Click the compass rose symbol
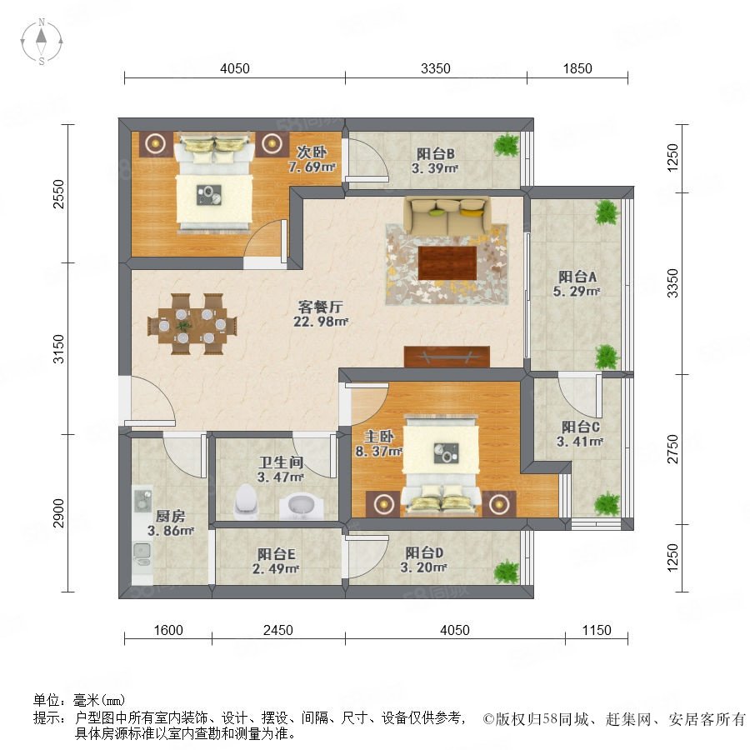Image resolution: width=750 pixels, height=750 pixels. pyautogui.click(x=42, y=41)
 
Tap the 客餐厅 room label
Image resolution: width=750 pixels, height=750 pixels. pyautogui.click(x=320, y=307)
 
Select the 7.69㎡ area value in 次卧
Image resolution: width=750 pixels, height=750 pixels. pyautogui.click(x=312, y=167)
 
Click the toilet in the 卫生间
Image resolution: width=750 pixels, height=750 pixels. pyautogui.click(x=246, y=502)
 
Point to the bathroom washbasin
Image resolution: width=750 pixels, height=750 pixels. pyautogui.click(x=302, y=506)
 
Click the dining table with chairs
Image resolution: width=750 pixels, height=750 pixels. pyautogui.click(x=192, y=324)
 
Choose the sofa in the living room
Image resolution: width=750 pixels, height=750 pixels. pyautogui.click(x=447, y=215)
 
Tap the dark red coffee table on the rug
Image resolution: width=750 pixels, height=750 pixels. pyautogui.click(x=447, y=262)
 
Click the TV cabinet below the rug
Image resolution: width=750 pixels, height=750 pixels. pyautogui.click(x=447, y=357)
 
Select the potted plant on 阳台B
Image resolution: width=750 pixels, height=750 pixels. pyautogui.click(x=507, y=144)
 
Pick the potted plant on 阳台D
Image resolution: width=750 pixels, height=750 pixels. pyautogui.click(x=507, y=571)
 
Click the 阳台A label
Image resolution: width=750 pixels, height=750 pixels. pyautogui.click(x=577, y=277)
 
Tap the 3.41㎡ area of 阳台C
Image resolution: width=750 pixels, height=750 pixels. pyautogui.click(x=580, y=442)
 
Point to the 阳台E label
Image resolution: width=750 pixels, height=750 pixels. pyautogui.click(x=276, y=554)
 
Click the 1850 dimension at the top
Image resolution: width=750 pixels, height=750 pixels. pyautogui.click(x=577, y=69)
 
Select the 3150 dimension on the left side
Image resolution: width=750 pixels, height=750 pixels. pyautogui.click(x=58, y=348)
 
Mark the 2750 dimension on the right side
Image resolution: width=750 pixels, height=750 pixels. pyautogui.click(x=672, y=448)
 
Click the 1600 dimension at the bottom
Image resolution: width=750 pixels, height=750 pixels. pyautogui.click(x=168, y=630)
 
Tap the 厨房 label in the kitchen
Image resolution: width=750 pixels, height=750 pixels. pyautogui.click(x=170, y=517)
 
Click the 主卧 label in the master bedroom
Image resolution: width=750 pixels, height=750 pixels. pyautogui.click(x=379, y=436)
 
